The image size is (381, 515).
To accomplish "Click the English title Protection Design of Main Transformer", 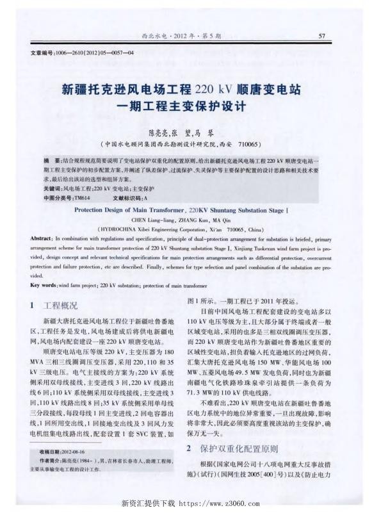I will (131, 209).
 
